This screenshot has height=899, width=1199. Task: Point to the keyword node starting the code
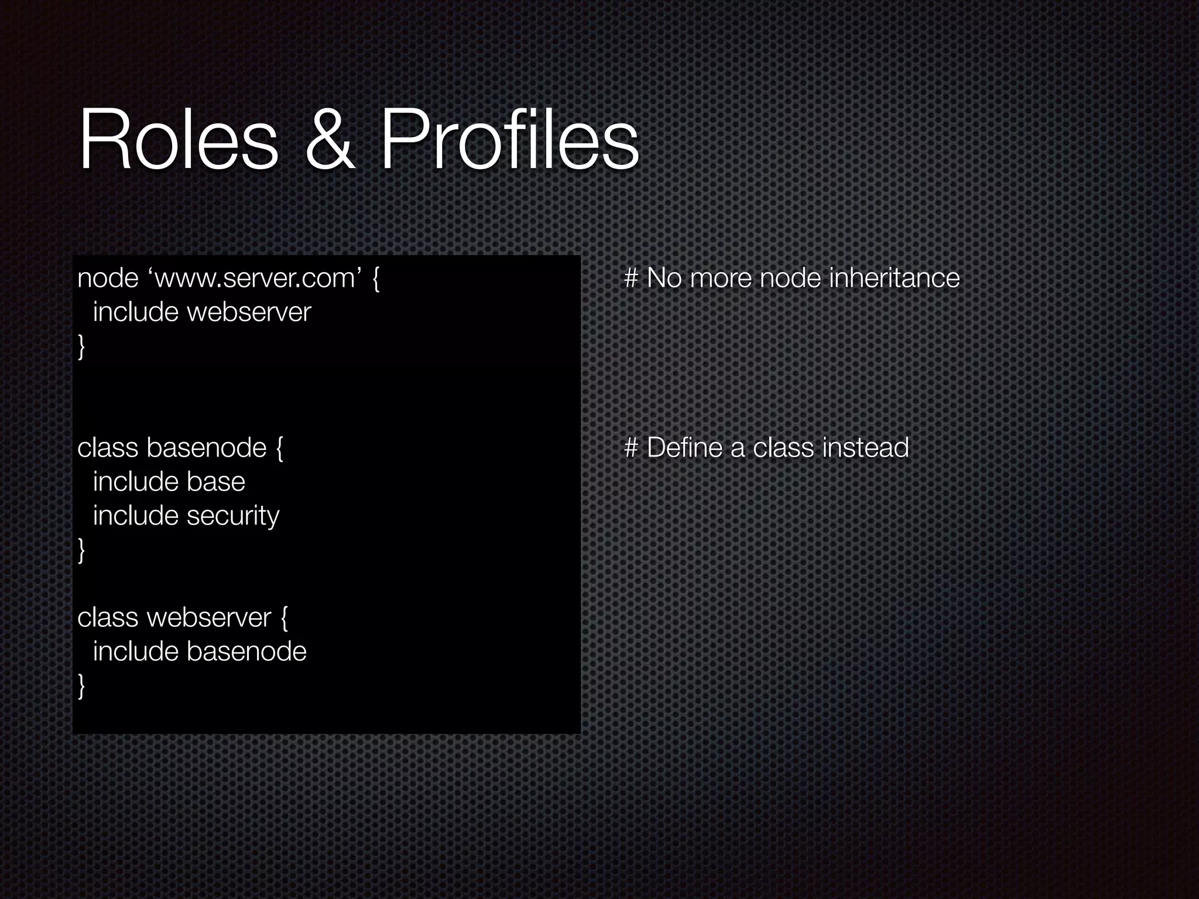[108, 279]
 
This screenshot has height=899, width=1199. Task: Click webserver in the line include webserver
[249, 313]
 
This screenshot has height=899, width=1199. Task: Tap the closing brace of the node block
[81, 346]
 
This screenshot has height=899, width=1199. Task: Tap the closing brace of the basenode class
[81, 551]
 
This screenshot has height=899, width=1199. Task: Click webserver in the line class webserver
[209, 618]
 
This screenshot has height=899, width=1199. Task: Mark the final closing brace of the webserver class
[81, 686]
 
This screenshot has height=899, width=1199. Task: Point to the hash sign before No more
[631, 279]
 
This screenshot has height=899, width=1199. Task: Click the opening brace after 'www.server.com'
[376, 279]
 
